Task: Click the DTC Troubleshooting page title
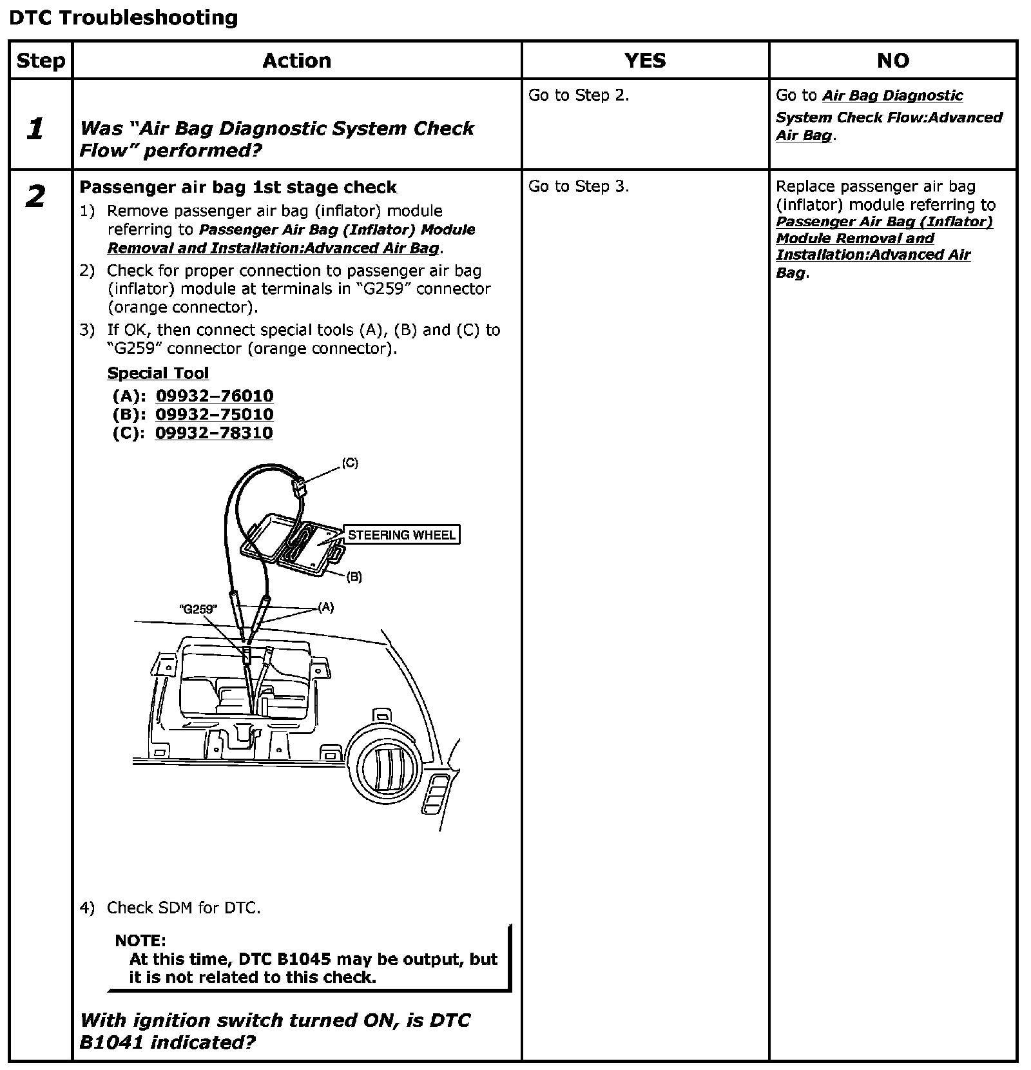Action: click(x=123, y=17)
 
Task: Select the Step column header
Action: click(x=41, y=61)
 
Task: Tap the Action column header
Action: click(x=296, y=61)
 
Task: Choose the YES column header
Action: click(x=645, y=61)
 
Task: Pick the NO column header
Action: click(x=893, y=61)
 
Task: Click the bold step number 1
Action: click(x=35, y=129)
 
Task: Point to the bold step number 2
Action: click(x=35, y=196)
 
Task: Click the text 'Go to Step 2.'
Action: click(x=578, y=95)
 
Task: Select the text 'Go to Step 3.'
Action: click(x=578, y=186)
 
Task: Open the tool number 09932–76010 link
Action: click(x=214, y=396)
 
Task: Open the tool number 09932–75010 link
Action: click(x=214, y=414)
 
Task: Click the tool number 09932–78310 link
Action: click(x=214, y=433)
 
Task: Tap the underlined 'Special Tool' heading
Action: click(x=158, y=373)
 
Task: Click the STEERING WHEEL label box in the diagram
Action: click(x=401, y=535)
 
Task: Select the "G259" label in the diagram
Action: click(x=198, y=609)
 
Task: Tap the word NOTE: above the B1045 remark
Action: click(x=140, y=940)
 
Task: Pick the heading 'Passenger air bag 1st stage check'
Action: click(x=238, y=188)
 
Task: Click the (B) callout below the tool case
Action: click(x=354, y=578)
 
